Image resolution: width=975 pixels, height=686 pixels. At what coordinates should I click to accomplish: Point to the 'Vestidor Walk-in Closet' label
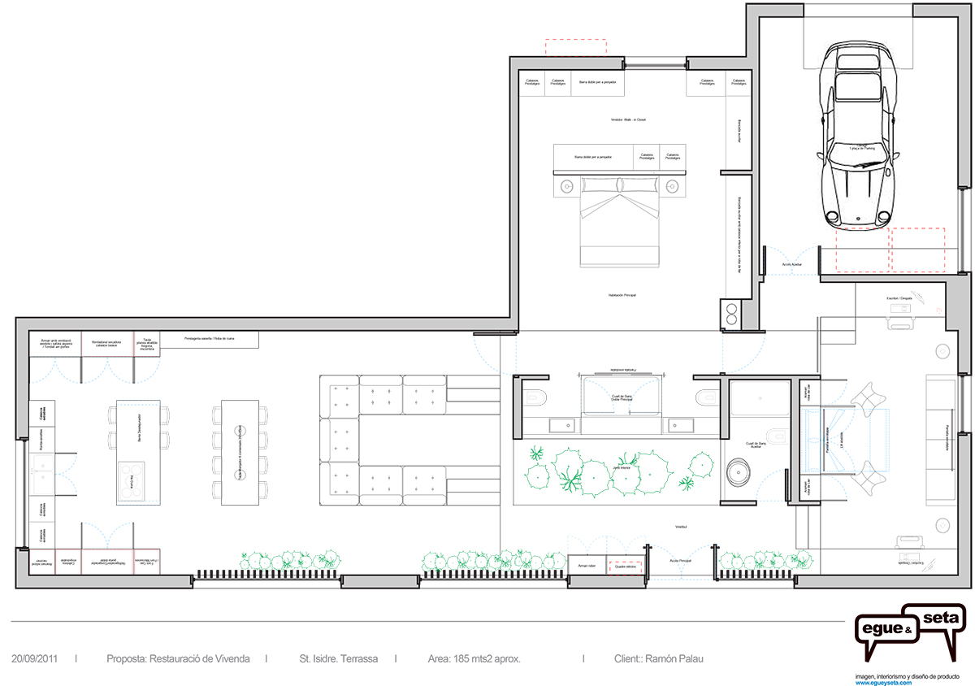[x=627, y=119]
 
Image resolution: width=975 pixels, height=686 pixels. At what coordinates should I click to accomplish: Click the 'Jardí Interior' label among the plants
[x=622, y=467]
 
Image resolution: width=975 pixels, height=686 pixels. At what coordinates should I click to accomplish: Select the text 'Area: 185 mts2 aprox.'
[x=474, y=658]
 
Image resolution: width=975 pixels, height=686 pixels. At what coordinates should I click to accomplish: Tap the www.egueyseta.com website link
[x=883, y=683]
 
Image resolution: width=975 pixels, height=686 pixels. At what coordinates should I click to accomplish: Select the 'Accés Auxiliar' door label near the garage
[x=792, y=264]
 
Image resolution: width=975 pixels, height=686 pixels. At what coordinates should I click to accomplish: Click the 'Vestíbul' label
[x=680, y=528]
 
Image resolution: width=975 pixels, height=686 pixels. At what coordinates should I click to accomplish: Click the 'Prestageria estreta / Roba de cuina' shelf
[x=210, y=338]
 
